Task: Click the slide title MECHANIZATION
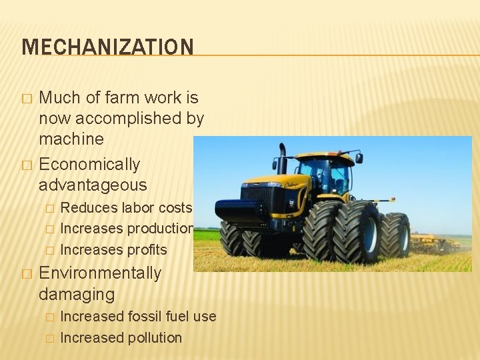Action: (x=107, y=47)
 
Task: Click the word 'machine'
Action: (x=71, y=139)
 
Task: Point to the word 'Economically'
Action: (x=89, y=165)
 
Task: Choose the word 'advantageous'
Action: (x=93, y=185)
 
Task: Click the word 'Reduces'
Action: (x=85, y=208)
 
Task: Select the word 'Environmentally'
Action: (x=100, y=273)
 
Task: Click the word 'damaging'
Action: (x=77, y=294)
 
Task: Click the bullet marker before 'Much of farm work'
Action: (x=27, y=99)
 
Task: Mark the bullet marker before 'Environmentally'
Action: (x=27, y=274)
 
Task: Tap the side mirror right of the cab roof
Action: (x=359, y=158)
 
